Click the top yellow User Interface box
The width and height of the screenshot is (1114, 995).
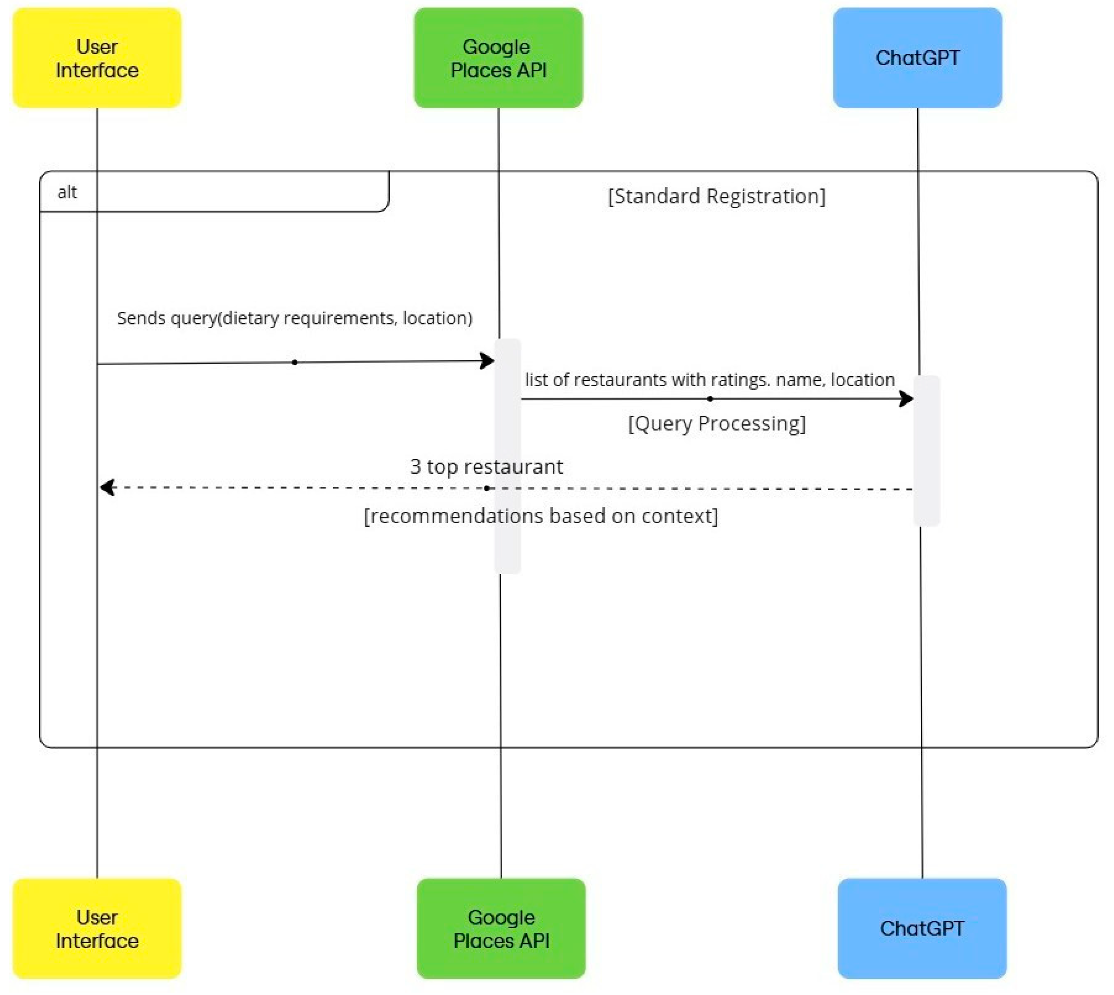97,58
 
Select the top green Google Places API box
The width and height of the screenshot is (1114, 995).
498,58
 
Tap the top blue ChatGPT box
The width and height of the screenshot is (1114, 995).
917,58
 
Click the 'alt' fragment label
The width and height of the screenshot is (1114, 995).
67,192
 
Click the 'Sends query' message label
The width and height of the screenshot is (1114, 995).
295,318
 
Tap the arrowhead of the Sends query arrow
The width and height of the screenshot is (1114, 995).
487,361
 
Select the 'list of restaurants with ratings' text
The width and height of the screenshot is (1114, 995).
709,380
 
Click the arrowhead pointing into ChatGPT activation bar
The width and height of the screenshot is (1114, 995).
906,399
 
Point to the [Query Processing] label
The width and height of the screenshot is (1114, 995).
716,424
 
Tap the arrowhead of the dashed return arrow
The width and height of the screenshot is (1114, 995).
107,487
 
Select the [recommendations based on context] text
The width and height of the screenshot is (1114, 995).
541,516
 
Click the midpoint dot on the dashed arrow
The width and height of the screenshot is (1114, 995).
486,488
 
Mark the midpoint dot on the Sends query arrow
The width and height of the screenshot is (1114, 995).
295,362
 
